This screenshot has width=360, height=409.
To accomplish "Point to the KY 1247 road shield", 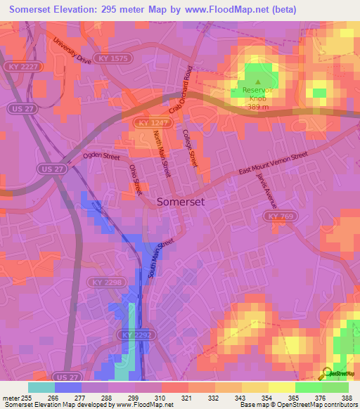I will [146, 123].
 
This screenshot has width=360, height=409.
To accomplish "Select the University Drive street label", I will [72, 51].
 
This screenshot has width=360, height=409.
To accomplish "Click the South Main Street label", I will [160, 258].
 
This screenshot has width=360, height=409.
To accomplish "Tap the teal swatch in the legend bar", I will [41, 387].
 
